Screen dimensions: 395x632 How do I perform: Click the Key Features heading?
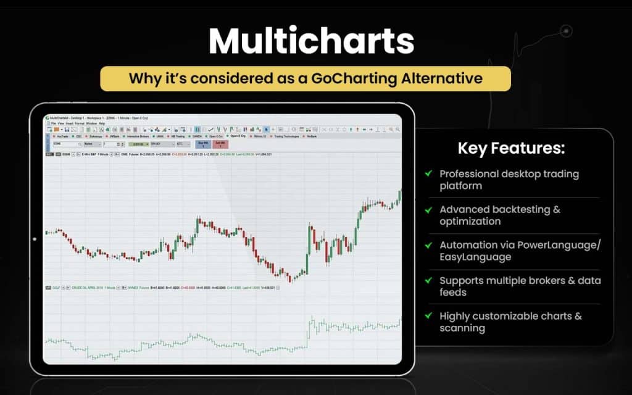(x=511, y=149)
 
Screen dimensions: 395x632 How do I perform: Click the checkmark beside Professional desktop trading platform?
(x=428, y=174)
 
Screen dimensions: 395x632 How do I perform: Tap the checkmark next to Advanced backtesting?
(x=428, y=209)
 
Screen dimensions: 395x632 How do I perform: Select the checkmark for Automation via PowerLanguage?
(x=428, y=245)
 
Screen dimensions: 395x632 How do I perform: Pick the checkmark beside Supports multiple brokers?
(x=428, y=280)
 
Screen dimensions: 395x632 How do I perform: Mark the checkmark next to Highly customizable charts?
(x=428, y=315)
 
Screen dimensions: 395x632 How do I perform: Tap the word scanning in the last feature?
(x=462, y=328)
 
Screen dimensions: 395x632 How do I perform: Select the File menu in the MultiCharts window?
(x=54, y=123)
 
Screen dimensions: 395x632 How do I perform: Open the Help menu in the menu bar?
(x=102, y=123)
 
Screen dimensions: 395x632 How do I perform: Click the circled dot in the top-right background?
(x=566, y=30)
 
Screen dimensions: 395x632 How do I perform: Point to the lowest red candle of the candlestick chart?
(x=290, y=278)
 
